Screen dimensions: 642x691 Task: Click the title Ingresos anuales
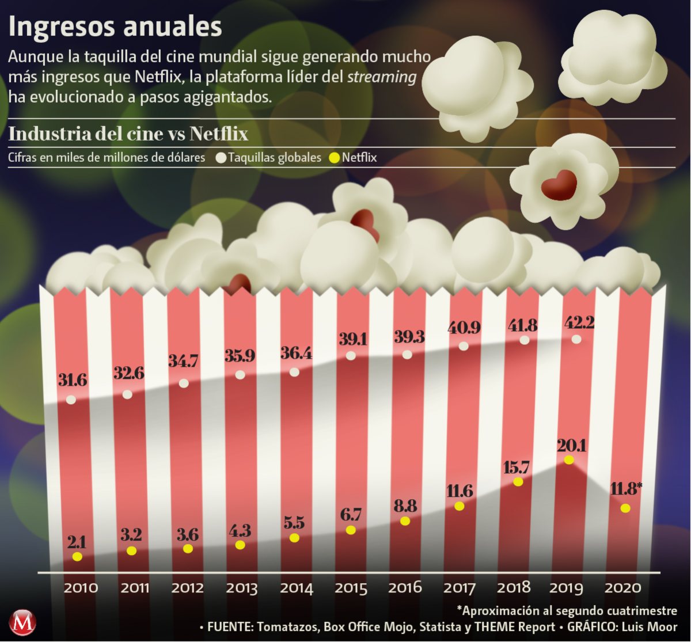click(x=115, y=28)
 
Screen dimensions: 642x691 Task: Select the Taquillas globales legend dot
click(x=221, y=157)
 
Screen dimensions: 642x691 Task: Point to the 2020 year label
click(x=622, y=588)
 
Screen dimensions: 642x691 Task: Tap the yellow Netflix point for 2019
click(x=569, y=459)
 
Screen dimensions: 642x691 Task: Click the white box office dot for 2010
click(x=71, y=400)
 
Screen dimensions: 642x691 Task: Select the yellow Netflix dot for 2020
click(x=625, y=508)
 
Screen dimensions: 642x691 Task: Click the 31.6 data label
click(x=73, y=380)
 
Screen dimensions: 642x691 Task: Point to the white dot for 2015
click(x=351, y=356)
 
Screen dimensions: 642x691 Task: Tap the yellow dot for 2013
click(x=241, y=544)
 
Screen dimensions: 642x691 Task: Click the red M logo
click(x=23, y=622)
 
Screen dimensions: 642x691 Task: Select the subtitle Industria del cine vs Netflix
click(x=128, y=134)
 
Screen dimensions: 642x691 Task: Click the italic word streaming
click(x=382, y=78)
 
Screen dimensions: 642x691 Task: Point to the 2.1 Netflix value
click(x=77, y=542)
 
